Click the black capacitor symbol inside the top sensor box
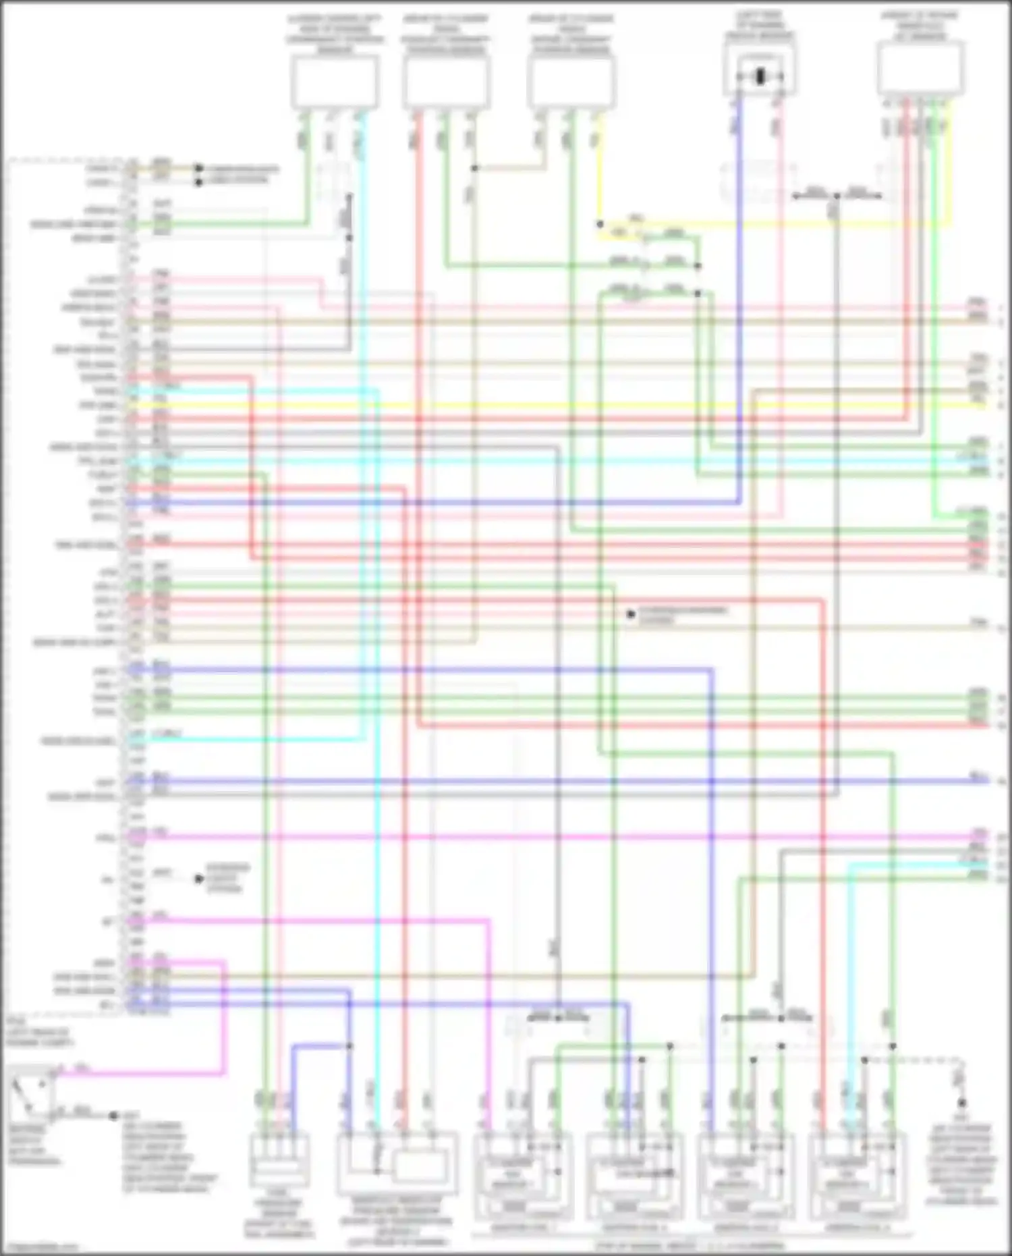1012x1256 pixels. tap(760, 76)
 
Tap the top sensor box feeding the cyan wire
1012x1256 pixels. tap(335, 81)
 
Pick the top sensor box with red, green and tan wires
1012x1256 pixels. tap(446, 81)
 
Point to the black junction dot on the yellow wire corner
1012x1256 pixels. tap(599, 224)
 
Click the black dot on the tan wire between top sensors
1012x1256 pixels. tap(474, 168)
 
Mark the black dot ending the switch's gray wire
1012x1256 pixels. tap(113, 1116)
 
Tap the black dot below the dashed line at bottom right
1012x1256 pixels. tap(961, 1103)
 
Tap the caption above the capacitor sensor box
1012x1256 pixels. tap(760, 25)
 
